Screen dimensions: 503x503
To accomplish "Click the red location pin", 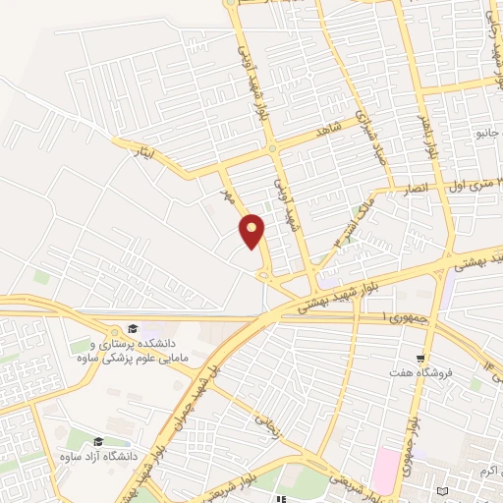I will coord(252,231).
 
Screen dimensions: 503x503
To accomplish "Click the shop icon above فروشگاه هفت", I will coord(421,359).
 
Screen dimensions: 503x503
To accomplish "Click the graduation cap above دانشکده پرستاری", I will coord(132,328).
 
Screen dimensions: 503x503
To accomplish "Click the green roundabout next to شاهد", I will coord(272,149).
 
